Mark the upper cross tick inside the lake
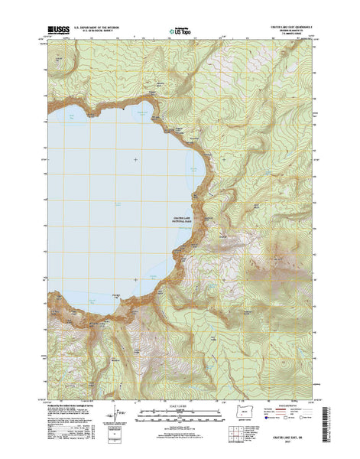[x=136, y=159]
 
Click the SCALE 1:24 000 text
[x=181, y=405]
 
